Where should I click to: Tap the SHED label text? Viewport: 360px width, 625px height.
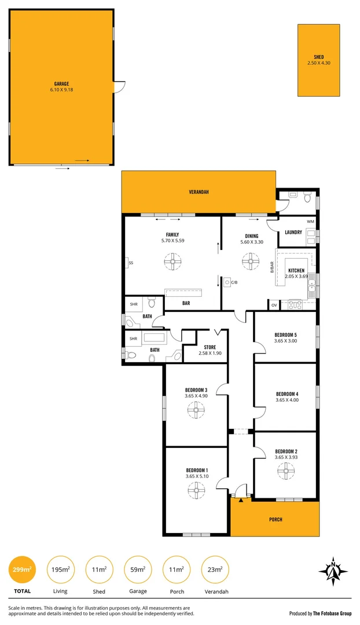click(319, 57)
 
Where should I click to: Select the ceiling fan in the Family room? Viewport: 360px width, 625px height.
click(172, 263)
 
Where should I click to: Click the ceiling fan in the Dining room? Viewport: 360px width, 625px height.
click(251, 262)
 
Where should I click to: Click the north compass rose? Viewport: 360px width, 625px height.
click(333, 572)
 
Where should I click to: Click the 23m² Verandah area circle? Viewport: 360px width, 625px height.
click(215, 570)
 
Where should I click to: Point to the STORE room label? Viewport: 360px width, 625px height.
click(210, 347)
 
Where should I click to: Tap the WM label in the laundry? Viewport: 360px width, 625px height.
click(310, 222)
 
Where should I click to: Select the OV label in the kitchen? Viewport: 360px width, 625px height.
click(274, 305)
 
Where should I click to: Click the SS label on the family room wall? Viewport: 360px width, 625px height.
click(131, 263)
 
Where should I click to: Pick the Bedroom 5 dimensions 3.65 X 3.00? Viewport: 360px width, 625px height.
click(286, 341)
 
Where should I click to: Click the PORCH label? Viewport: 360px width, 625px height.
click(275, 520)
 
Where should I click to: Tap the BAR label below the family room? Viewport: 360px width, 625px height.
click(186, 303)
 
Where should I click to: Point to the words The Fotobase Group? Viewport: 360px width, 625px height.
click(332, 613)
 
